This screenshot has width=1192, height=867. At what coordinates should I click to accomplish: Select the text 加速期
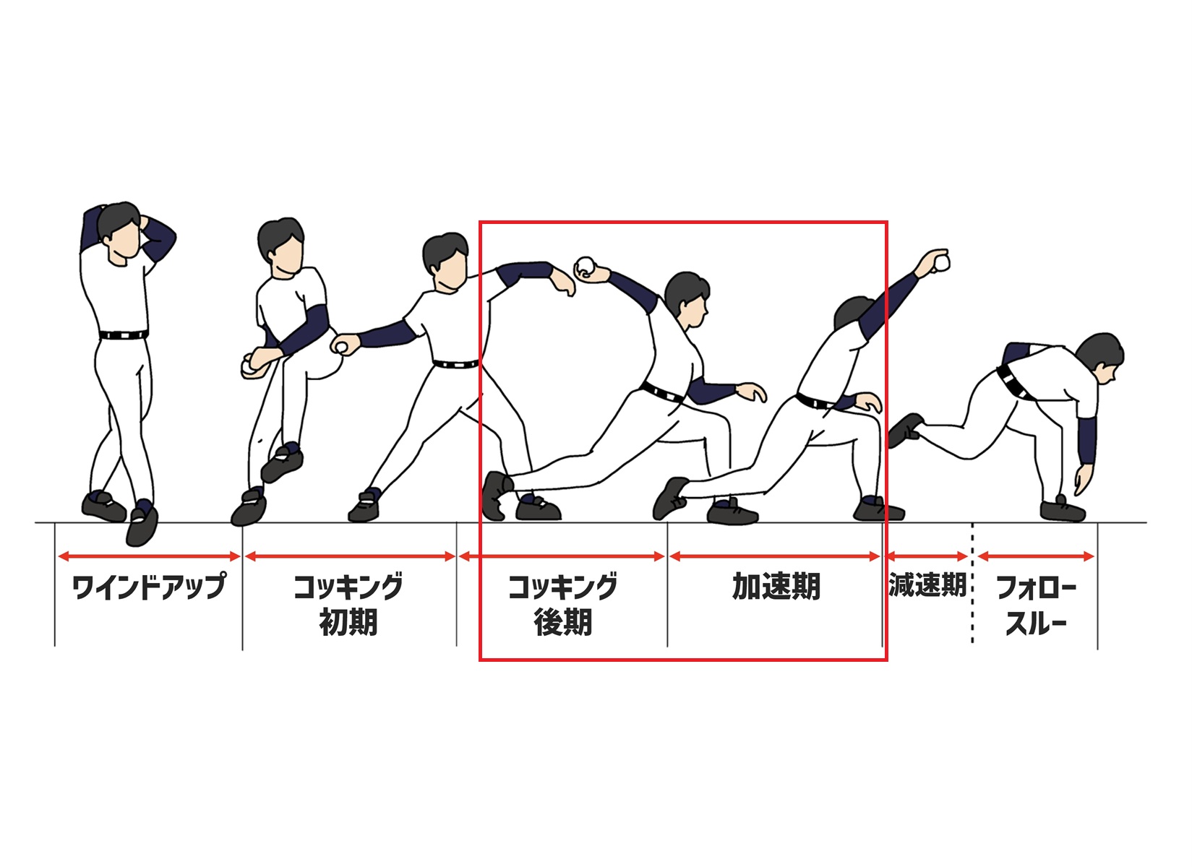[x=776, y=586]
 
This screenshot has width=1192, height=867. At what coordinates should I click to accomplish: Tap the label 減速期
[x=927, y=585]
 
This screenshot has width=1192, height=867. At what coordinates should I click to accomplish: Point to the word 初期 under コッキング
[x=348, y=621]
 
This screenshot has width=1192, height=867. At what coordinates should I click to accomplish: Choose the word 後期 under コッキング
[x=563, y=621]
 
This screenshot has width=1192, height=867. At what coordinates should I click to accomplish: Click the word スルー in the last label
[x=1036, y=622]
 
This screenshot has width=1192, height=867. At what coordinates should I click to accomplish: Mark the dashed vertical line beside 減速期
[x=972, y=583]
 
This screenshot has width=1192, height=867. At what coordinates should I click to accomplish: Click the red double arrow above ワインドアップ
[x=149, y=556]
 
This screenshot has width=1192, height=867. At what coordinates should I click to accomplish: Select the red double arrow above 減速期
[x=927, y=556]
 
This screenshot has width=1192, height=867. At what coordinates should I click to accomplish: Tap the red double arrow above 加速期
[x=775, y=556]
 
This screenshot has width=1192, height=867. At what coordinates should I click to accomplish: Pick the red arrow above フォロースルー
[x=1036, y=556]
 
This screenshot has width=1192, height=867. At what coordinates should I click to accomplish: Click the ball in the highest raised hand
[x=943, y=263]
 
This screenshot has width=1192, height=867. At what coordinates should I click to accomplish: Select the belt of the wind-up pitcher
[x=124, y=335]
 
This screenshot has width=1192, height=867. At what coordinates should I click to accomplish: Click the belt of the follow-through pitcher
[x=1014, y=382]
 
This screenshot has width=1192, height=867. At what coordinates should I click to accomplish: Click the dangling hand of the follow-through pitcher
[x=1083, y=479]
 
